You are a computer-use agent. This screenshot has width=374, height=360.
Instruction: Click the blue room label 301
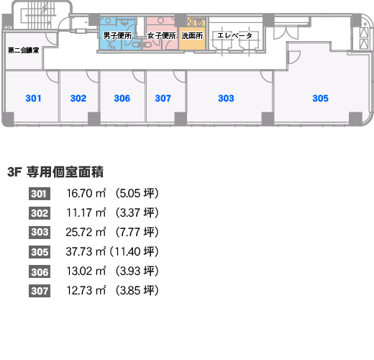pos(33,98)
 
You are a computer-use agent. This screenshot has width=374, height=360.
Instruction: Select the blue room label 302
pos(78,98)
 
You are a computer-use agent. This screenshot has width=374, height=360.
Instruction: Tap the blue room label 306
pos(122,98)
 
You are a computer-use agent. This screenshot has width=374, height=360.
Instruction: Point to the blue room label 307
pos(163,98)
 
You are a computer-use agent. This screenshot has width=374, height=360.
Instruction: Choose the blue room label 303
pos(226,98)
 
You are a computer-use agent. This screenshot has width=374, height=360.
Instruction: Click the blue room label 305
pos(320,98)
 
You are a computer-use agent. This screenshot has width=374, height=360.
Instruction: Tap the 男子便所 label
pos(117,35)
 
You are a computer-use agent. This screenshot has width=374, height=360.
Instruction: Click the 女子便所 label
pos(162,35)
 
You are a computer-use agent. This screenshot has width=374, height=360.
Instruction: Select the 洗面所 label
pos(192,35)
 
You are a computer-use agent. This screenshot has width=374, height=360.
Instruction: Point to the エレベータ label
pos(234,35)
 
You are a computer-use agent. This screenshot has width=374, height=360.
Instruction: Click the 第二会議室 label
pos(24,50)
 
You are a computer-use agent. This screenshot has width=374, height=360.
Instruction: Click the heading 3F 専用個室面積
pos(55,172)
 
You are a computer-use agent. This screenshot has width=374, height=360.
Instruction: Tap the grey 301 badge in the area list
pos(40,194)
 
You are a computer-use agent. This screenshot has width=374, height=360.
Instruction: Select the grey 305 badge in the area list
pos(40,252)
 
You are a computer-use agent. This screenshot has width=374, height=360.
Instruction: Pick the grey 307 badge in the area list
pos(40,291)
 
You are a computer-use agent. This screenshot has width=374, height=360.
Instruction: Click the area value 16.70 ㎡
pos(86,194)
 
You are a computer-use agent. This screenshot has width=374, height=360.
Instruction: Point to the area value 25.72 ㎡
pos(86,233)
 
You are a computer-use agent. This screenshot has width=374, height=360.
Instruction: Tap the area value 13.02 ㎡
pos(86,271)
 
